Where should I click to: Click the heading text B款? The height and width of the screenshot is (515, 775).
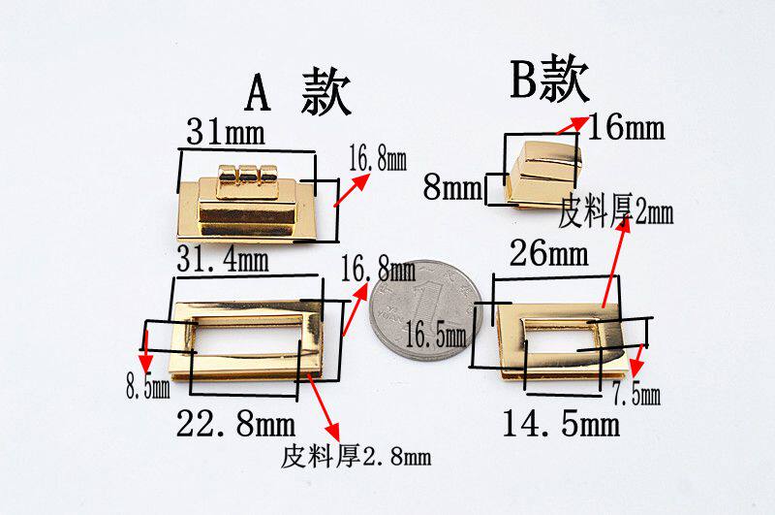tap(549, 80)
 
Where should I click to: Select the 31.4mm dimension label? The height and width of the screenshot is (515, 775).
tap(222, 259)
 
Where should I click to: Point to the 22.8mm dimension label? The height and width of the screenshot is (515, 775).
tap(235, 424)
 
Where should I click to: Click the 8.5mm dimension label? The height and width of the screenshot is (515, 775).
tap(147, 389)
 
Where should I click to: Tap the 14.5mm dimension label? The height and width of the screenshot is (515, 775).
tap(560, 424)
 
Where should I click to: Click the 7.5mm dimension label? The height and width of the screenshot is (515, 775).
tap(635, 394)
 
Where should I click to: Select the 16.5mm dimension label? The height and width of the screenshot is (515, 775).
tap(436, 335)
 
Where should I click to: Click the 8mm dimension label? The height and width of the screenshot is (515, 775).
tap(452, 186)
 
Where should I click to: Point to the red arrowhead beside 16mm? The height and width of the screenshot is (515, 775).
tap(578, 120)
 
